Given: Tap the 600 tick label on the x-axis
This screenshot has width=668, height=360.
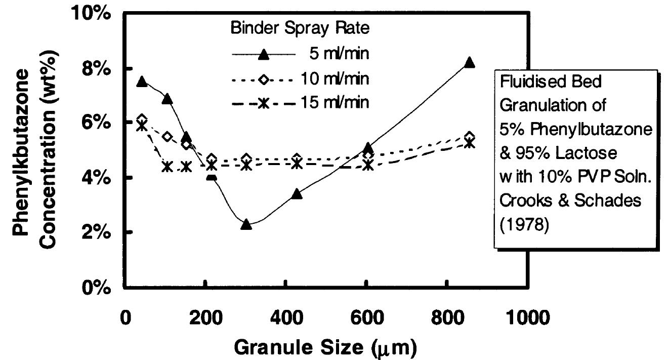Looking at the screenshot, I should (x=366, y=319).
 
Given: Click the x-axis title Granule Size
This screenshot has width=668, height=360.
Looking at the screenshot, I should (x=326, y=347).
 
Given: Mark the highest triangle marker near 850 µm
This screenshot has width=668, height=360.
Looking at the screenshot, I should (x=470, y=62).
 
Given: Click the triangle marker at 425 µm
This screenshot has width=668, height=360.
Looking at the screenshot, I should (x=297, y=193).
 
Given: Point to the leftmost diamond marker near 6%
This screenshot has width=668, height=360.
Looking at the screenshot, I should (x=142, y=119).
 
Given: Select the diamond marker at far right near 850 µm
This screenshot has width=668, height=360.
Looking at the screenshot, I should (x=470, y=137).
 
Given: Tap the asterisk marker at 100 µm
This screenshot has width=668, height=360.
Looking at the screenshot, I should (x=167, y=166).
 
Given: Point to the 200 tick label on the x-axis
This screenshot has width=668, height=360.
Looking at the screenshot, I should (x=205, y=319).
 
